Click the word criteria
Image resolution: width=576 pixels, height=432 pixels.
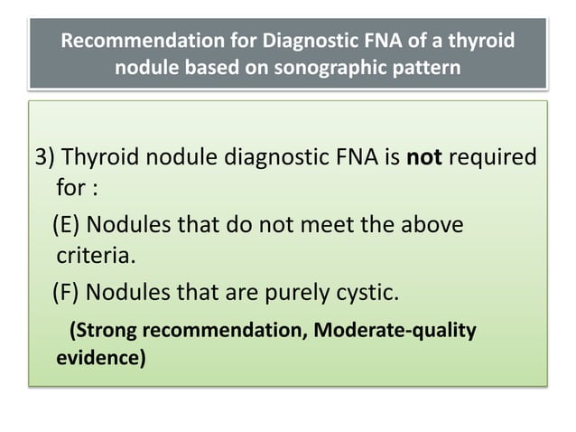click(94, 258)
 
